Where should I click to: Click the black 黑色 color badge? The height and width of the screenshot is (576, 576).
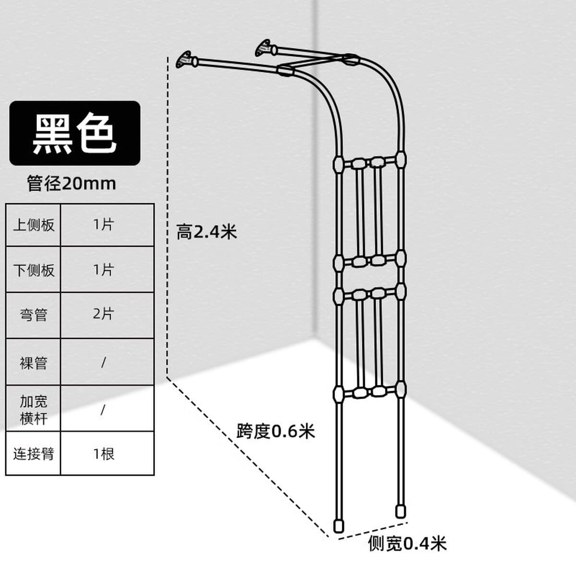click(75, 133)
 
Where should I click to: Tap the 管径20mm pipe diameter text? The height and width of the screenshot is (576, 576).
click(72, 183)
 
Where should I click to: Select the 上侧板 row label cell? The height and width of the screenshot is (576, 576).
click(34, 225)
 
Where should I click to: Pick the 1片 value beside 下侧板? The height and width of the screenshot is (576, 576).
click(103, 270)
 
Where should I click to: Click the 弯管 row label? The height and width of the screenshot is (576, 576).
click(34, 315)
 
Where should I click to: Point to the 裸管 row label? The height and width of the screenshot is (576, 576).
click(34, 362)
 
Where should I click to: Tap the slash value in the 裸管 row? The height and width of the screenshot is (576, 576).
click(103, 362)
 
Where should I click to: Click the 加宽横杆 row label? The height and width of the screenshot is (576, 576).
click(34, 410)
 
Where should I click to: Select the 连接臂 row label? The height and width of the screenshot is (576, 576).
click(34, 454)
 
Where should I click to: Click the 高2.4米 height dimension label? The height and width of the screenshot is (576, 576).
click(206, 232)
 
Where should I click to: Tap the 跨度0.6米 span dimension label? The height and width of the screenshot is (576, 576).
click(276, 431)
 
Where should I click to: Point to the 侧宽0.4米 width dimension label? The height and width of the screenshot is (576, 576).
click(407, 543)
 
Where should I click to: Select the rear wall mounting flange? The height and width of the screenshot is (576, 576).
click(263, 48)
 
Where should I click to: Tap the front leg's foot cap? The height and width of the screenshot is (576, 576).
click(338, 526)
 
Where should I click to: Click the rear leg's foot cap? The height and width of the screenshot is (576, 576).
click(400, 511)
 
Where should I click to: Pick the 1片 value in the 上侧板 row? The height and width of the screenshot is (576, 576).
click(103, 224)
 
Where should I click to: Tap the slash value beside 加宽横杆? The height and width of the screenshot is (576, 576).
click(103, 410)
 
